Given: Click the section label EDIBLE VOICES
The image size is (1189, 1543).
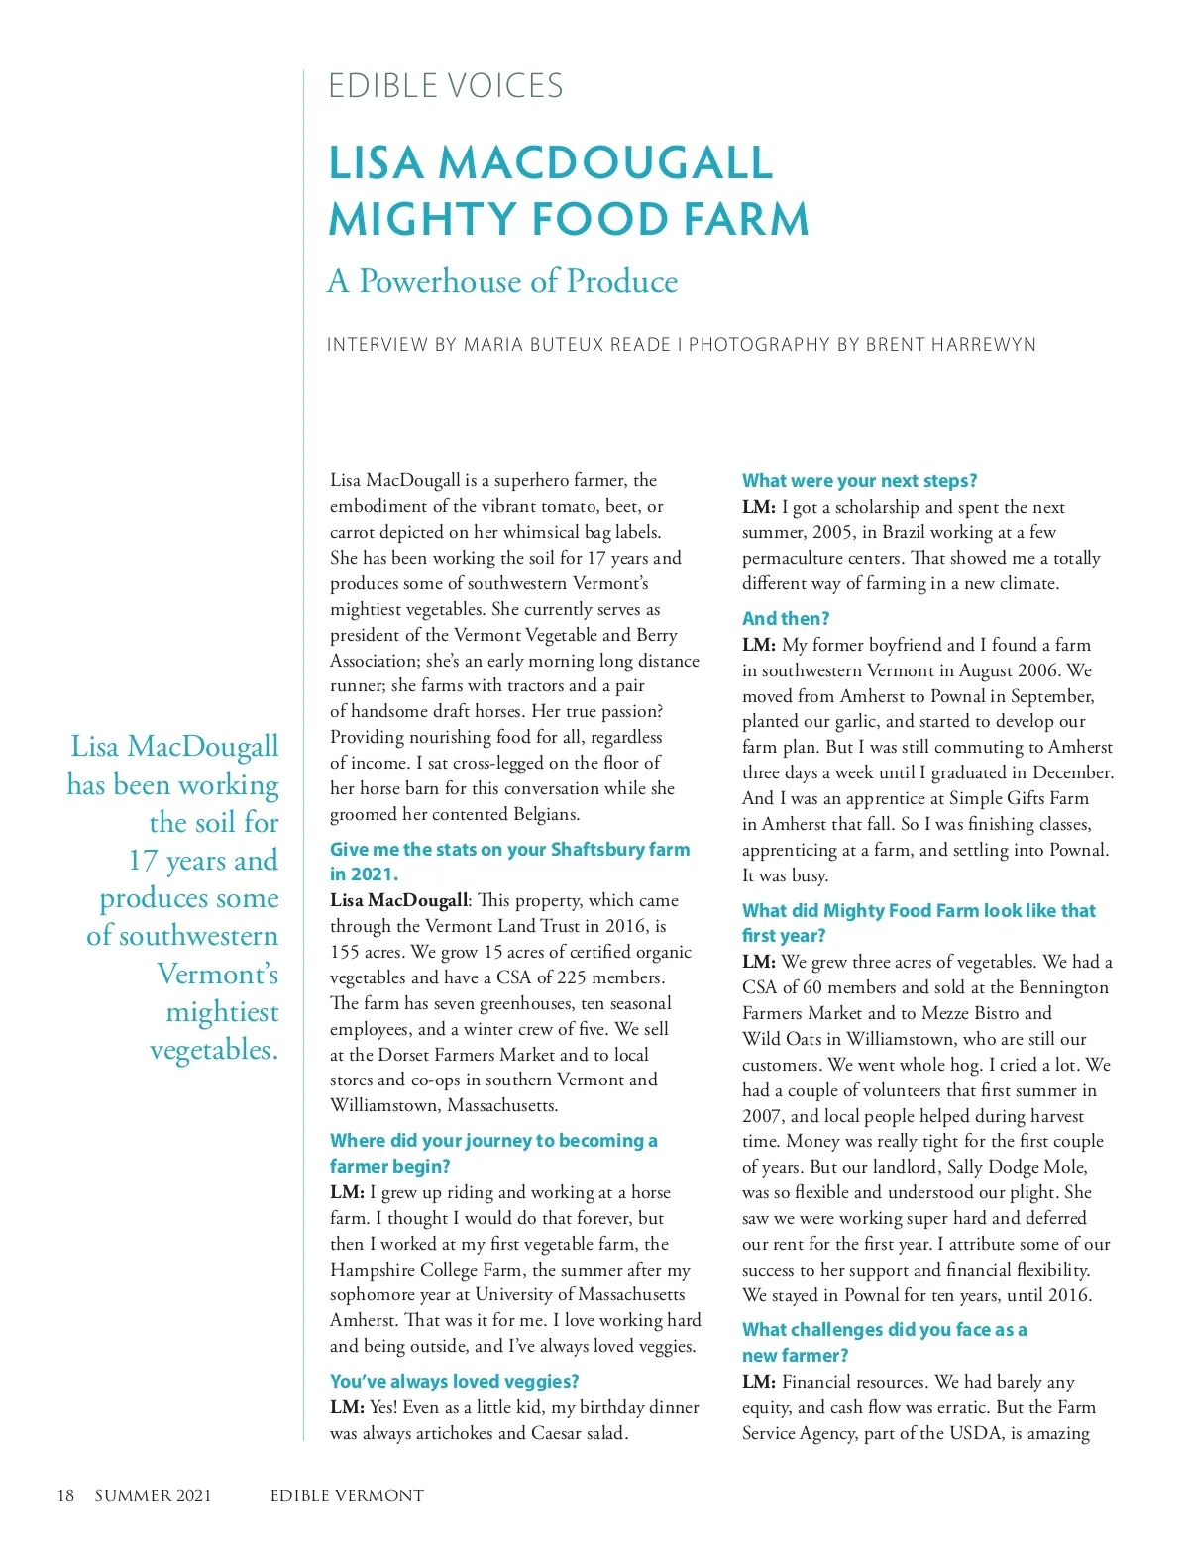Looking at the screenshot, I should coord(445,86).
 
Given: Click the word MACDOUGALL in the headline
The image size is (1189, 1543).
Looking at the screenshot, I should coord(605,163).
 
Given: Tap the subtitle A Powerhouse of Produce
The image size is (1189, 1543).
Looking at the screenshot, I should coord(502,281).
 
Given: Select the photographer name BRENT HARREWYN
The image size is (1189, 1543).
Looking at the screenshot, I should coord(950,345).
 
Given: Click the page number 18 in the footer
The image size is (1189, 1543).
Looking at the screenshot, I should coord(65,1495).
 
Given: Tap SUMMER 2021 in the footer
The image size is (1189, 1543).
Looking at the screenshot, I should coord(153,1495).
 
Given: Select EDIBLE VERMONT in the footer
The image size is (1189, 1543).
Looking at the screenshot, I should coord(347,1495).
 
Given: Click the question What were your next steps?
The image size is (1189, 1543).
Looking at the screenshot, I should coord(859,481).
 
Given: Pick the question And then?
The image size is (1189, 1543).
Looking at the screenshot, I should coord(786,619).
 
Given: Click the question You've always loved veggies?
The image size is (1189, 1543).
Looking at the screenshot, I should coord(454,1382).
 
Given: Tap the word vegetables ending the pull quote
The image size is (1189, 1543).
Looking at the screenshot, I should coord(213,1050).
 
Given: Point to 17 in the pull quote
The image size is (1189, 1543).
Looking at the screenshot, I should coord(145,861).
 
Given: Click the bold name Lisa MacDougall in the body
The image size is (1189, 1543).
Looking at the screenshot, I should coord(398,901).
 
